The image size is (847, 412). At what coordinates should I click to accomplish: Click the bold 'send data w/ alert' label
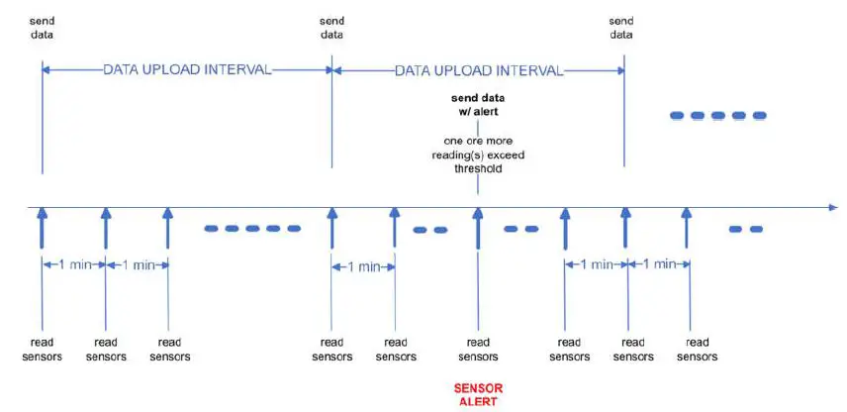[x=478, y=105]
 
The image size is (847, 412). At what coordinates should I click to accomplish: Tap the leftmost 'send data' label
[x=42, y=28]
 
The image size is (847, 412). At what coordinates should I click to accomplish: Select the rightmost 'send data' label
[x=621, y=28]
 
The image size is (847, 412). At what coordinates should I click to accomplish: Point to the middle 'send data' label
[x=332, y=28]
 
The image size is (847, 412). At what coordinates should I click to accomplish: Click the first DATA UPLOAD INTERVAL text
[x=187, y=71]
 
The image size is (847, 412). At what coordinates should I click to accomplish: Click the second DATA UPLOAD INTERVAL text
[x=478, y=71]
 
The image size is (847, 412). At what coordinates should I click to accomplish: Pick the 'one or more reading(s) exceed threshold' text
[x=478, y=154]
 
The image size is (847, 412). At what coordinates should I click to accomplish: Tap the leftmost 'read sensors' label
[x=42, y=350]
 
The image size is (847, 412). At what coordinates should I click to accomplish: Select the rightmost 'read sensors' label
[x=697, y=350]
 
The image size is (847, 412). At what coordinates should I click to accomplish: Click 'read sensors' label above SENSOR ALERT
[x=478, y=350]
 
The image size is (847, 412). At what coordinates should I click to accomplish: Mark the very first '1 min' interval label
[x=73, y=264]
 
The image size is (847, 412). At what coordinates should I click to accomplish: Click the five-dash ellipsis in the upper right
[x=718, y=116]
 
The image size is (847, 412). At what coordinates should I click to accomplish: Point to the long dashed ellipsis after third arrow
[x=251, y=229]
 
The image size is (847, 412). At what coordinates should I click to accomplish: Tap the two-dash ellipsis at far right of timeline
[x=745, y=229]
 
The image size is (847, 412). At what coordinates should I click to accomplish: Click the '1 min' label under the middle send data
[x=363, y=266]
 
